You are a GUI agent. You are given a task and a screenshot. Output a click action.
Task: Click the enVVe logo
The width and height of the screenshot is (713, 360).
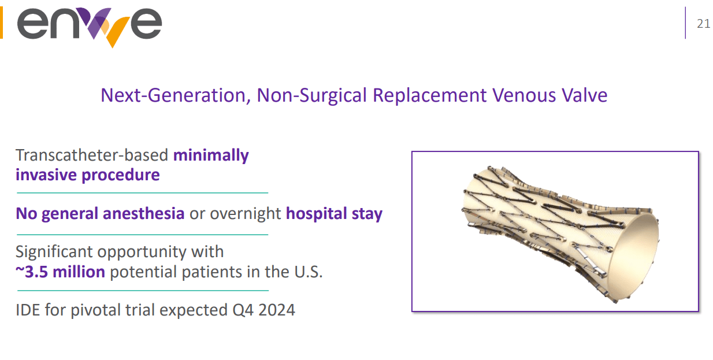[x=90, y=27]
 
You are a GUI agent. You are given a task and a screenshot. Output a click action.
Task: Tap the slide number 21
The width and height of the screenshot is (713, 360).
[x=703, y=24]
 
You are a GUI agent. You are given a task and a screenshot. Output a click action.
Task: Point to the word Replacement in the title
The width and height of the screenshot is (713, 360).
[x=430, y=96]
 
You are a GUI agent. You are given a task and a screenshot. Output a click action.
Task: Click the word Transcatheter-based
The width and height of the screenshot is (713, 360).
[x=92, y=155]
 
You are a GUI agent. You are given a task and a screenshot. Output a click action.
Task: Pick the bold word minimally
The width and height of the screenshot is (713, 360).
[x=211, y=156]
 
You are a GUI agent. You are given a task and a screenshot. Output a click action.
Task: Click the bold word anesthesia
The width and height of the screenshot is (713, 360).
[x=143, y=213]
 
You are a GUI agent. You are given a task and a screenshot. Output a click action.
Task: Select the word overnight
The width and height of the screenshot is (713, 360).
[x=246, y=214]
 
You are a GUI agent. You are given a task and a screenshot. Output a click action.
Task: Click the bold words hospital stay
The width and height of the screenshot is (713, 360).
[x=334, y=214]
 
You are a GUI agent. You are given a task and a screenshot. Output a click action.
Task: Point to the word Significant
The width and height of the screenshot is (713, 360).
[x=54, y=252]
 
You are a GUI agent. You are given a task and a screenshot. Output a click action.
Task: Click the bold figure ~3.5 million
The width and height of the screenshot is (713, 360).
[x=61, y=272]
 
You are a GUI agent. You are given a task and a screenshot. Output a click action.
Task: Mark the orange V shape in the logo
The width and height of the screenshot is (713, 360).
[x=118, y=30]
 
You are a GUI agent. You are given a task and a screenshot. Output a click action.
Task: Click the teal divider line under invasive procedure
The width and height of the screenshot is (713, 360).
[x=143, y=193]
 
